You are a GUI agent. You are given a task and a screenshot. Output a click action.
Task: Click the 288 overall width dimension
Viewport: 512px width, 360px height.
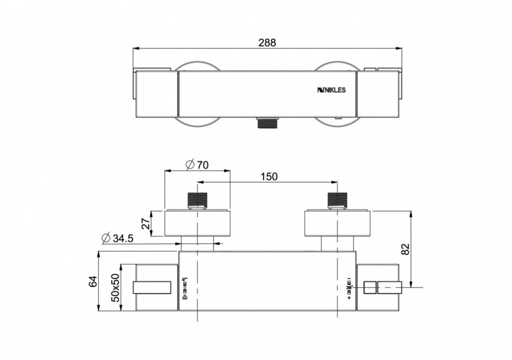tap(267, 43)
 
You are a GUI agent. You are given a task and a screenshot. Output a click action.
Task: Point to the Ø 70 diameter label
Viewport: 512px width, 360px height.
tap(197, 165)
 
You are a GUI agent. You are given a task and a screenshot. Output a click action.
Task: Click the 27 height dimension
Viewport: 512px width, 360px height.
tap(146, 223)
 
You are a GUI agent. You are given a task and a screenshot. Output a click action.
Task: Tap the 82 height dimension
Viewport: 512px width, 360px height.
tap(405, 248)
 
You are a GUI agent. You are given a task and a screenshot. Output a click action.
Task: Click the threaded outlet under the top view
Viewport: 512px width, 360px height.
tap(267, 123)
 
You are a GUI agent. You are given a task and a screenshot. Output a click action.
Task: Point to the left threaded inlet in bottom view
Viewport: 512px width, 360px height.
tap(197, 201)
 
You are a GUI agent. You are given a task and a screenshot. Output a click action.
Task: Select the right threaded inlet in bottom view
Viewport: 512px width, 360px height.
tap(337, 201)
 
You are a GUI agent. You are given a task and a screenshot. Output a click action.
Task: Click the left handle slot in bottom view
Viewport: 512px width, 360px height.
tap(151, 287)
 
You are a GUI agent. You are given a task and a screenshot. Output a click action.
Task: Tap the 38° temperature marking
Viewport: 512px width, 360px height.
tap(349, 287)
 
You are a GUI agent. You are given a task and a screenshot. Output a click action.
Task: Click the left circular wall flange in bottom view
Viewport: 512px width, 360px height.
tap(197, 223)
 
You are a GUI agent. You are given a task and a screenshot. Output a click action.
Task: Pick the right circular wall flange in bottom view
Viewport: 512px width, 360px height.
tap(337, 223)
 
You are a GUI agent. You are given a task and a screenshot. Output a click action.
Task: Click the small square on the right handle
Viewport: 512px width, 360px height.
tap(370, 287)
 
